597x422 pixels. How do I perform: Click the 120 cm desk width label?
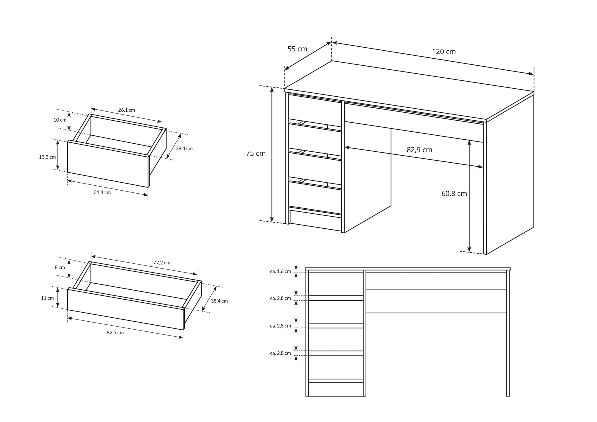pos(444,52)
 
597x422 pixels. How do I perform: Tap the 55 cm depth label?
pos(297,49)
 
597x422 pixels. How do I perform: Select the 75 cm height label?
pos(256,153)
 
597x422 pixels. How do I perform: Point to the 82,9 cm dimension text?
pos(419,150)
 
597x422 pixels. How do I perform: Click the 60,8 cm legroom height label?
pos(454,193)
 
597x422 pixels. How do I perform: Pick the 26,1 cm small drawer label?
pos(126,110)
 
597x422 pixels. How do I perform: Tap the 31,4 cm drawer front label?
pos(102,192)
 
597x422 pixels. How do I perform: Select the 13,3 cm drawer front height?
pos(47,157)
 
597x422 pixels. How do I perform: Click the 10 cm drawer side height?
pos(60,120)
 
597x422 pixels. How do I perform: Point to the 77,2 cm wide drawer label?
pos(162,262)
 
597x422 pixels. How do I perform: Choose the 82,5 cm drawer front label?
pos(115,332)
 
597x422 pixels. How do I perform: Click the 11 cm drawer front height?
pos(47,298)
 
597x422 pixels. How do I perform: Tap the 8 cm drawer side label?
pos(60,267)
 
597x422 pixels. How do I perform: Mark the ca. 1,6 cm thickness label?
pos(280,271)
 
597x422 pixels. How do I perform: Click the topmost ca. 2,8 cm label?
pos(280,298)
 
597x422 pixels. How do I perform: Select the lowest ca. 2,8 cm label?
pos(280,353)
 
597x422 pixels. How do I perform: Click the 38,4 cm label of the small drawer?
pos(184,149)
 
